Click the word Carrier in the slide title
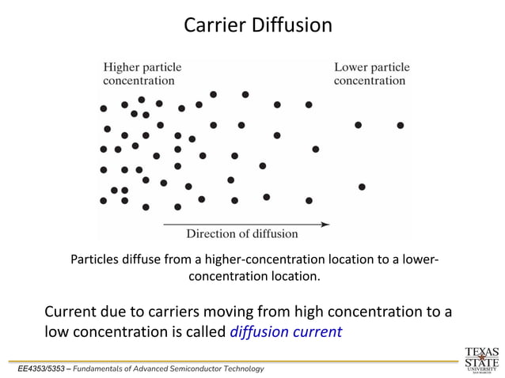click(210, 25)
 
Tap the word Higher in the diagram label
click(120, 67)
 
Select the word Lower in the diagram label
click(351, 67)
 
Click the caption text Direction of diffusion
click(241, 234)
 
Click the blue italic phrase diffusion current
click(286, 332)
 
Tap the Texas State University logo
click(481, 357)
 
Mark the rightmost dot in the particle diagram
click(401, 125)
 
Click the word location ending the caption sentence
click(295, 277)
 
